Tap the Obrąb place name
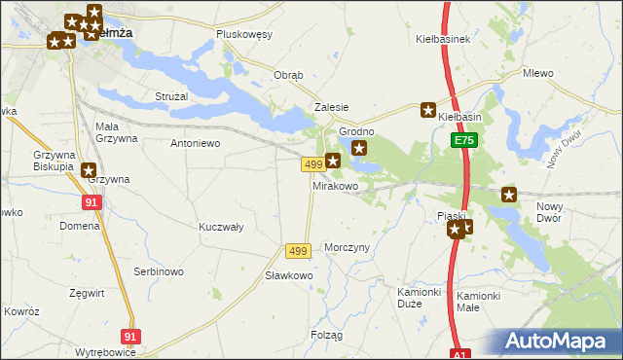coord(289,75)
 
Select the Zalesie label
coord(331,107)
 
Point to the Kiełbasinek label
coord(443,40)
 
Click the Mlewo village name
coord(537,73)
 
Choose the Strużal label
coord(172,96)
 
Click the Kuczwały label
coord(221,226)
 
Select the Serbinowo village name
coord(159,271)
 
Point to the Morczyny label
coord(348,247)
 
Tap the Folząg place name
coord(327,335)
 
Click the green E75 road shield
coord(463,141)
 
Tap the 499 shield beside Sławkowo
coord(298,251)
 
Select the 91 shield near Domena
coord(92,202)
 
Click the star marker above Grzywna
coord(90,169)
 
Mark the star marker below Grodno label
coord(359,148)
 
